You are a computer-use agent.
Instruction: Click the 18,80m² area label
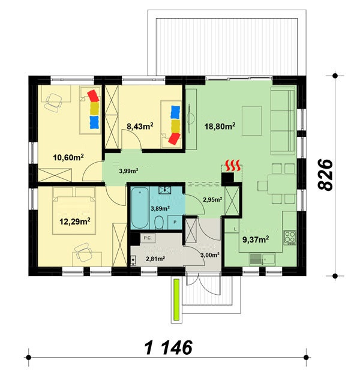pyautogui.click(x=220, y=126)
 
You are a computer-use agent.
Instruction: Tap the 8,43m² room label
pyautogui.click(x=140, y=126)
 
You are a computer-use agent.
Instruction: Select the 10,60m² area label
pyautogui.click(x=68, y=157)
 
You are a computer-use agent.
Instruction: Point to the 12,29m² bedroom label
pyautogui.click(x=74, y=222)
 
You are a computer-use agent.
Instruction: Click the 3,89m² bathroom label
pyautogui.click(x=160, y=208)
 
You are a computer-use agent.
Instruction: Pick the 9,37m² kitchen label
pyautogui.click(x=256, y=240)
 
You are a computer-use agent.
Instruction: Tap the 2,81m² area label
pyautogui.click(x=155, y=259)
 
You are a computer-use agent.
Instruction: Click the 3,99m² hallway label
pyautogui.click(x=129, y=170)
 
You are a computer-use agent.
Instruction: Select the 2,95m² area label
pyautogui.click(x=212, y=200)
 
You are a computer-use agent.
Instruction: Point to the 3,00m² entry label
pyautogui.click(x=210, y=255)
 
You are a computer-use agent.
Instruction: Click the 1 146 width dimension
pyautogui.click(x=169, y=348)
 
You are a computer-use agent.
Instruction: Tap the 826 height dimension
pyautogui.click(x=325, y=175)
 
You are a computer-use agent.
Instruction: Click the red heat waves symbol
pyautogui.click(x=233, y=166)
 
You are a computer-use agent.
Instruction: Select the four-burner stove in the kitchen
pyautogui.click(x=290, y=238)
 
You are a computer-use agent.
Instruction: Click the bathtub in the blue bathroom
pyautogui.click(x=140, y=208)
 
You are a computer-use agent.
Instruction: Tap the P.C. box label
pyautogui.click(x=148, y=238)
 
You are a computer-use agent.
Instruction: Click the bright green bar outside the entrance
pyautogui.click(x=176, y=300)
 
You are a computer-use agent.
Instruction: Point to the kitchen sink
pyautogui.click(x=262, y=259)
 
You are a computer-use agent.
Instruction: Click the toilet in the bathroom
pyautogui.click(x=159, y=223)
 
